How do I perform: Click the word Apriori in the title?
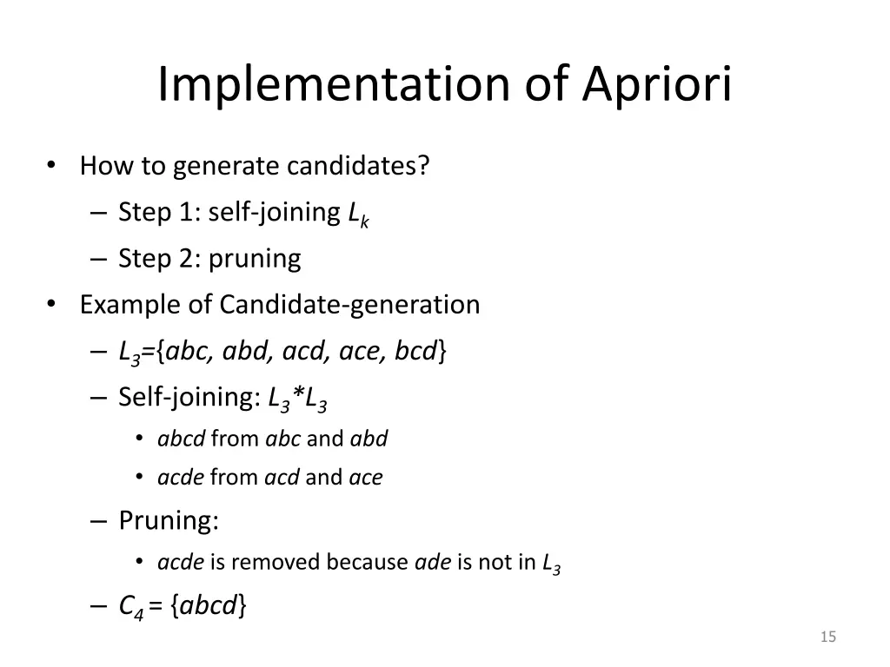(x=657, y=84)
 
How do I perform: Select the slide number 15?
(x=827, y=638)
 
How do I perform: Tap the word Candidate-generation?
(x=349, y=304)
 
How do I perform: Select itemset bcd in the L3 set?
(x=416, y=351)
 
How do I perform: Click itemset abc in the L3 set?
(x=191, y=351)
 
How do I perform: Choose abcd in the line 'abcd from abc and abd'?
(x=181, y=439)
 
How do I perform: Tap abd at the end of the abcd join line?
(x=369, y=439)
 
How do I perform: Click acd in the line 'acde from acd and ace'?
(x=282, y=477)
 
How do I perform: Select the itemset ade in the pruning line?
(x=433, y=563)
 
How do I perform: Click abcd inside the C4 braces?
(x=208, y=606)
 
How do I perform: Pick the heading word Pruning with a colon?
(x=169, y=521)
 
